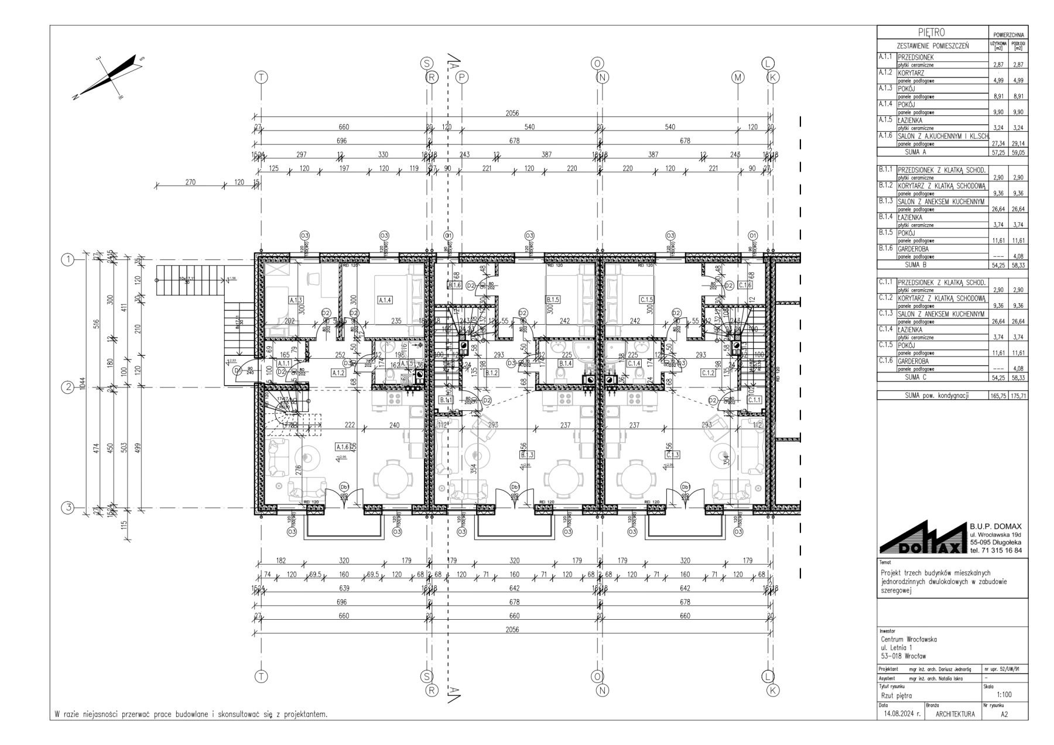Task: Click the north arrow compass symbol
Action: [109, 76]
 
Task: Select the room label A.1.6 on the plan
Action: [343, 447]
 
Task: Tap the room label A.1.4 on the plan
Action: [385, 300]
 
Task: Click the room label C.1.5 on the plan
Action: [646, 300]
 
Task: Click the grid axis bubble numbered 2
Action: [69, 387]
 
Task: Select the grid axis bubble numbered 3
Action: [69, 508]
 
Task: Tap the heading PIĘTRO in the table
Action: [932, 33]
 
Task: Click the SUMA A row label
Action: [931, 152]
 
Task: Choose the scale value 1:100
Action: [1004, 695]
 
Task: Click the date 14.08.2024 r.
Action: [900, 714]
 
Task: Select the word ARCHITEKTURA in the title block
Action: [956, 714]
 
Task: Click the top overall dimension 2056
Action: [511, 114]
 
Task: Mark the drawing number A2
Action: [1004, 714]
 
